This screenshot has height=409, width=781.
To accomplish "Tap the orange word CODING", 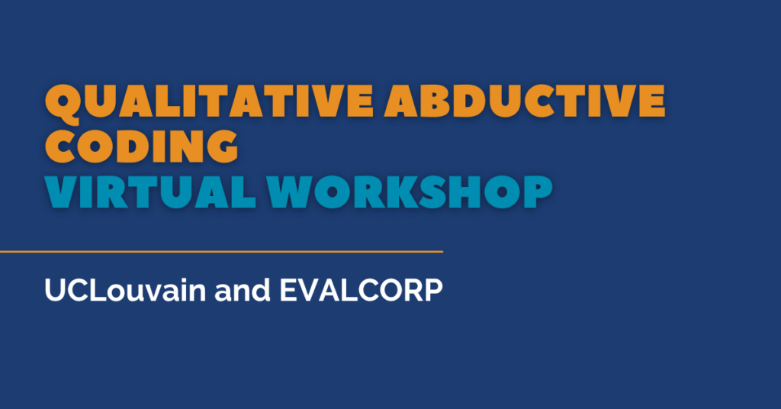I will [141, 144].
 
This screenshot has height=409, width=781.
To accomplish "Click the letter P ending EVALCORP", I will [432, 292].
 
